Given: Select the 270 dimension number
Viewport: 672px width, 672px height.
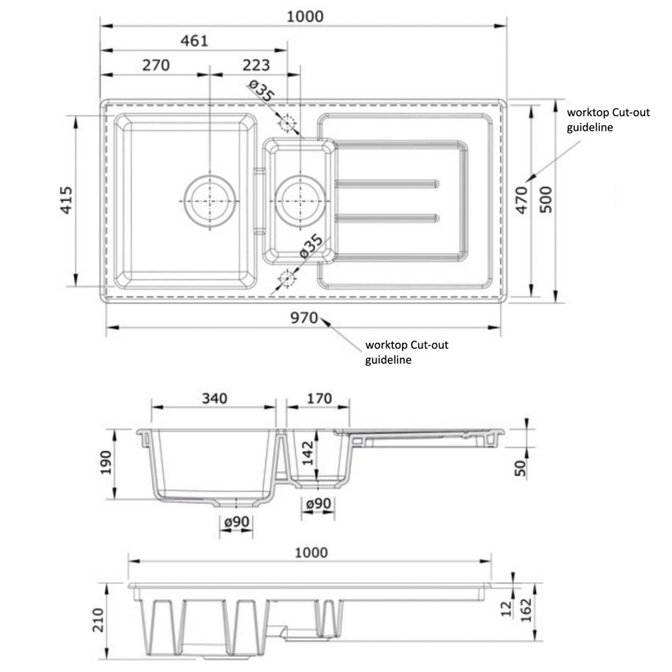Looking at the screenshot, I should pos(157,66).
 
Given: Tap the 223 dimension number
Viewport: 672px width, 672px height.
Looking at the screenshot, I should pos(256,66).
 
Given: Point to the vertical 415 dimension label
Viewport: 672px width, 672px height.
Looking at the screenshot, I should pos(68,202).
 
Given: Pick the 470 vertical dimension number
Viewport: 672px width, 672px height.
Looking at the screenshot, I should pos(521,202).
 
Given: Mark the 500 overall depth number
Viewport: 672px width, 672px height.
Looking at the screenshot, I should pos(546,202).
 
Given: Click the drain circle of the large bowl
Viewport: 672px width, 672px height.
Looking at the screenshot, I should pos(207,202).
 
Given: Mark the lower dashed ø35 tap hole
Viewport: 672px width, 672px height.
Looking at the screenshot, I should pos(287,277).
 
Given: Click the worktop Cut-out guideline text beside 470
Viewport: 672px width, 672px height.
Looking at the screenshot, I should pos(609,119).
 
